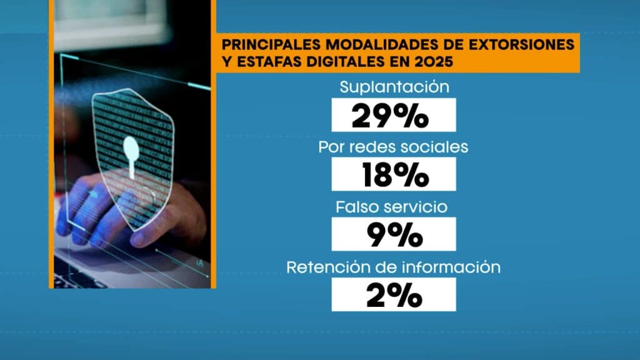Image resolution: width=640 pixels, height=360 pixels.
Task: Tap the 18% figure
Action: [393, 175]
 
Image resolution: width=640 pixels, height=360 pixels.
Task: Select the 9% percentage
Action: [393, 234]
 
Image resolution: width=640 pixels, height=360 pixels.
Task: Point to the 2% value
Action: [393, 294]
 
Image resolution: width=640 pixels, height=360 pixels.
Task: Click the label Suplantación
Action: [394, 87]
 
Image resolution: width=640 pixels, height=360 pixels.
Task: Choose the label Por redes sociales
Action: [394, 147]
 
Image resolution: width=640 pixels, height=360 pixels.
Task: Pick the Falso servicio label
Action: [394, 207]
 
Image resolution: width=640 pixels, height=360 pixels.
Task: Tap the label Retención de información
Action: [394, 267]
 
